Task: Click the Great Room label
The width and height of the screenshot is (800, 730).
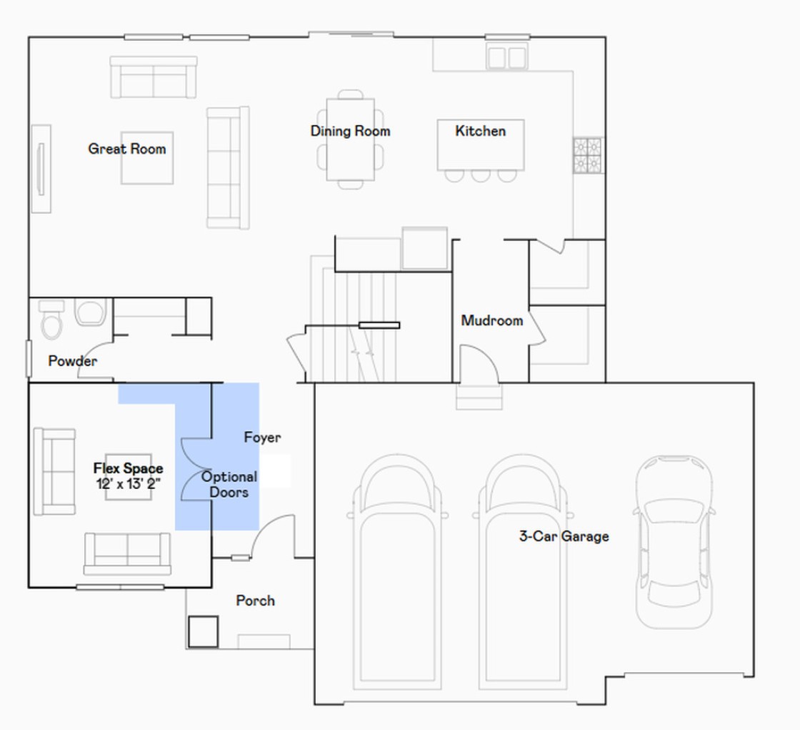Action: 127,149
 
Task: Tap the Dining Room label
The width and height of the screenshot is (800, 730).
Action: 351,131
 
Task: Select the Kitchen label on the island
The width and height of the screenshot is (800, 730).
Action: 481,131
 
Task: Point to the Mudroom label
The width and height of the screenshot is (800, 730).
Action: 492,320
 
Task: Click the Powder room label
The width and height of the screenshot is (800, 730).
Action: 72,360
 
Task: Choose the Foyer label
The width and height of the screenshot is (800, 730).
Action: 262,438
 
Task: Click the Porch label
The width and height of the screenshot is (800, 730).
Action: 255,601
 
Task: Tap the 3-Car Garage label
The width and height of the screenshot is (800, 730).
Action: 564,536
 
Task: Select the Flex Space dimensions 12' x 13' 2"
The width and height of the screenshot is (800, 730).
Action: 129,483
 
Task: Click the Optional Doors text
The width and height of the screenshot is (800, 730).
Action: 229,484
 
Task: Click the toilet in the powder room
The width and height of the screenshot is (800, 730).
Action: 51,320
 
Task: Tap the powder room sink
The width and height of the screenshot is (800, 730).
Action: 90,312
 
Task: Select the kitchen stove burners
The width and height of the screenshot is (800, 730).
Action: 588,155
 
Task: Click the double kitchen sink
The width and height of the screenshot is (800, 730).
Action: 506,56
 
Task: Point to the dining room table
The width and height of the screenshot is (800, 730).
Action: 351,139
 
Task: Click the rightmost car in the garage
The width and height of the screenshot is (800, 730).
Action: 674,542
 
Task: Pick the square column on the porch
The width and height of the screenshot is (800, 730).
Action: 203,632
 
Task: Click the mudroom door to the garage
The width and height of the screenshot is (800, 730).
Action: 479,362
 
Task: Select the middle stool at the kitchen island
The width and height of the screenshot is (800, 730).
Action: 481,176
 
